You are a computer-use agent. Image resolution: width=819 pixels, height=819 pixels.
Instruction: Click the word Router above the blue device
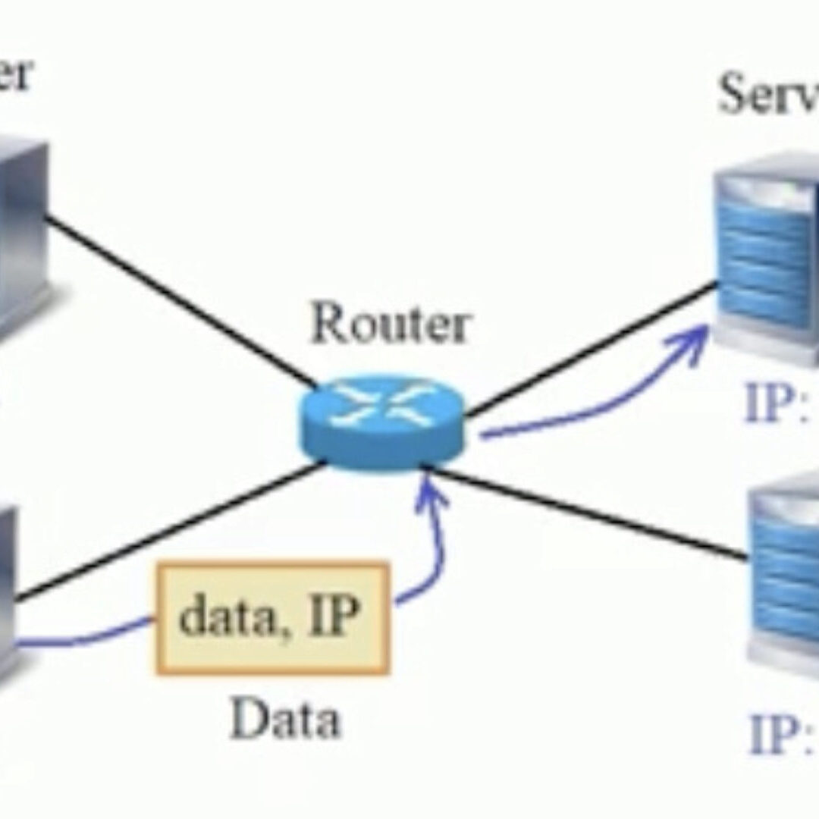tap(390, 324)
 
